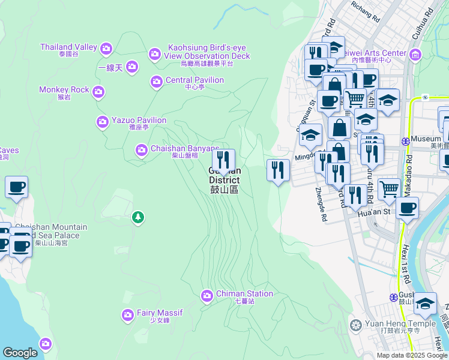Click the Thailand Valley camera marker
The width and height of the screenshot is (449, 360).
pyautogui.click(x=107, y=48)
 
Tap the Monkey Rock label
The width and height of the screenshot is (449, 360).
pyautogui.click(x=64, y=90)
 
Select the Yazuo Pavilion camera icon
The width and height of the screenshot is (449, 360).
pyautogui.click(x=102, y=122)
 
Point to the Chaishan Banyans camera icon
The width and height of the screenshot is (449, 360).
pyautogui.click(x=142, y=149)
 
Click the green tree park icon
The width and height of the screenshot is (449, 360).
pyautogui.click(x=138, y=217)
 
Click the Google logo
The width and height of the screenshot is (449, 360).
pyautogui.click(x=20, y=353)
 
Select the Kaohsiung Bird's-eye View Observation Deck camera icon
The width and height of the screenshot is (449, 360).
pyautogui.click(x=155, y=55)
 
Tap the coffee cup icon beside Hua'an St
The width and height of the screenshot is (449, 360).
pyautogui.click(x=406, y=208)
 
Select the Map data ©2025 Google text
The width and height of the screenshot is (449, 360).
pyautogui.click(x=411, y=355)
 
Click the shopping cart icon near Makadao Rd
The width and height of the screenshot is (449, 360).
pyautogui.click(x=390, y=188)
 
